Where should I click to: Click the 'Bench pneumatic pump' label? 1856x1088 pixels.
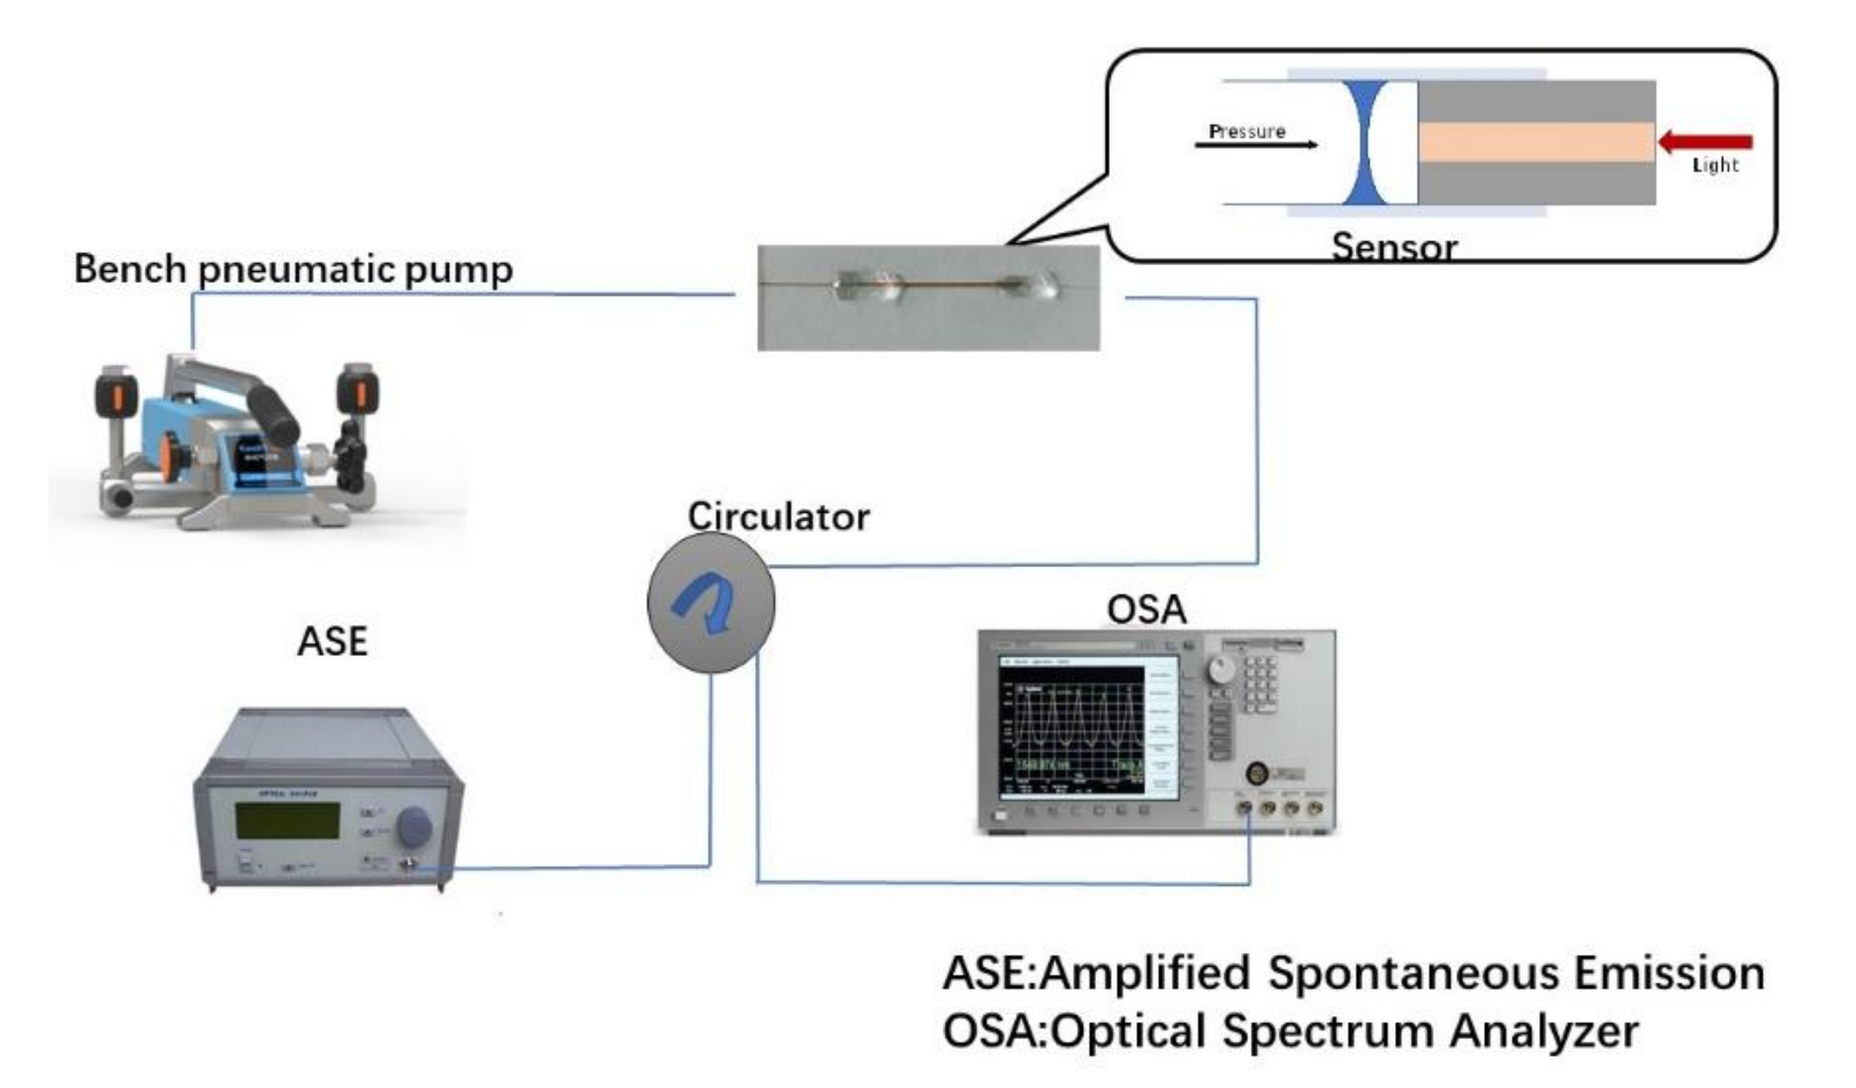coord(293,270)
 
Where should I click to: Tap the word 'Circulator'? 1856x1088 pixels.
coord(778,517)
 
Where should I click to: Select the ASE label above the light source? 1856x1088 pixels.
coord(332,641)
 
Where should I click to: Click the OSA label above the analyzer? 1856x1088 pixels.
coord(1147,609)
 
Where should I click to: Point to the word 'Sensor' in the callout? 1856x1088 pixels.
coord(1394,247)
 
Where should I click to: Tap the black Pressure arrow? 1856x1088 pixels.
coord(1255,145)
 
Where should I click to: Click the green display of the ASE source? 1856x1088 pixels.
coord(287,820)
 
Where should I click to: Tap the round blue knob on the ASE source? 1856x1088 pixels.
coord(414,825)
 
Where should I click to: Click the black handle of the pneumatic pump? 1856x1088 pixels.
coord(273,416)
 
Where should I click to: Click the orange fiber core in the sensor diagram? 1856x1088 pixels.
coord(1535,141)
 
